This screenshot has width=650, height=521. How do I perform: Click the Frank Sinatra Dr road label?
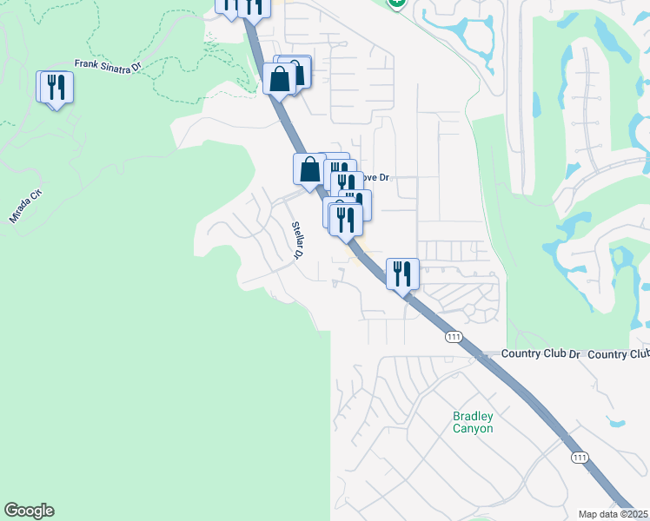tap(107, 66)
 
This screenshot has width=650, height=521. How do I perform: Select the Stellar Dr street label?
tap(296, 241)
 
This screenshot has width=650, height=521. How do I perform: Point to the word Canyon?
tap(473, 429)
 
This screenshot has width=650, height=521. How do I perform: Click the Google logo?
tap(29, 511)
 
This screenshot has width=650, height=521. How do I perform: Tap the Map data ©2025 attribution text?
tap(614, 514)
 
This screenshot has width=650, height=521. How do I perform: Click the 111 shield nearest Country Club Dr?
tap(452, 336)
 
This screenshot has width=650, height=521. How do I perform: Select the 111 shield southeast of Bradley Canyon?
tap(579, 457)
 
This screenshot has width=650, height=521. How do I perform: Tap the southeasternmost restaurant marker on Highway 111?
tap(403, 274)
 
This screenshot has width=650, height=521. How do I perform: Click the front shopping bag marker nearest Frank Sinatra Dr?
tap(280, 79)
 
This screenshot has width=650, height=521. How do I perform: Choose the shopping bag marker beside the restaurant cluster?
tap(309, 169)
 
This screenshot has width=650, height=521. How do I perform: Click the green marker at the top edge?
tap(397, 3)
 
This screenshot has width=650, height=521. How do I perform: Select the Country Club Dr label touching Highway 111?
tap(538, 354)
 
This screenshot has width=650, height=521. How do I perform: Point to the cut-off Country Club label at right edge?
tap(619, 354)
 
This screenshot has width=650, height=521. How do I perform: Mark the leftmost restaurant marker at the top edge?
tap(228, 5)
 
